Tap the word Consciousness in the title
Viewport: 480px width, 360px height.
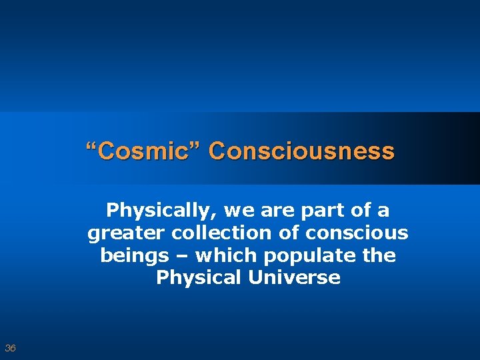(301, 151)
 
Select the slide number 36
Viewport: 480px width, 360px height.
(10, 348)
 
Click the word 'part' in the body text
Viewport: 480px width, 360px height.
(315, 211)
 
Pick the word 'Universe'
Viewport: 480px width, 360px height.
(293, 277)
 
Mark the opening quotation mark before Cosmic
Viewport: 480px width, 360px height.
(91, 147)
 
